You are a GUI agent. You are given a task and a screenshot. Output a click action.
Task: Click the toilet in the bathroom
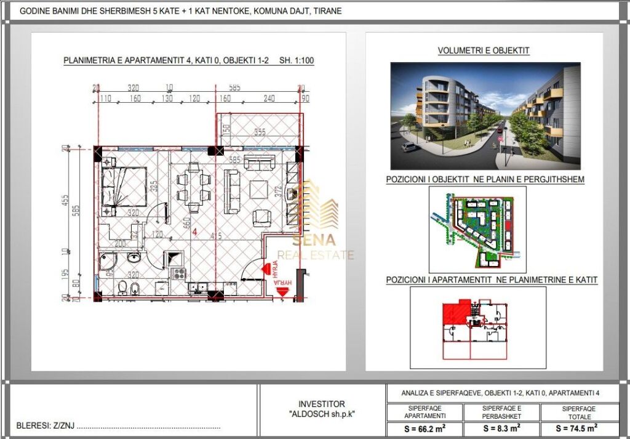pos(124,287)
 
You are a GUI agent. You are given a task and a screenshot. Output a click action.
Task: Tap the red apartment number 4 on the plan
pos(194,232)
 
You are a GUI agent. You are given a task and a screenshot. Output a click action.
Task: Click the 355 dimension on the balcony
pos(259,131)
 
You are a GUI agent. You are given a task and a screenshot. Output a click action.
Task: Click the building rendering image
pos(485,115)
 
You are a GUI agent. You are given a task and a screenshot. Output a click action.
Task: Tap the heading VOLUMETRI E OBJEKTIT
pos(484,50)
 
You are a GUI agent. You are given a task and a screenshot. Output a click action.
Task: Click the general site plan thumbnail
pos(477,230)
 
